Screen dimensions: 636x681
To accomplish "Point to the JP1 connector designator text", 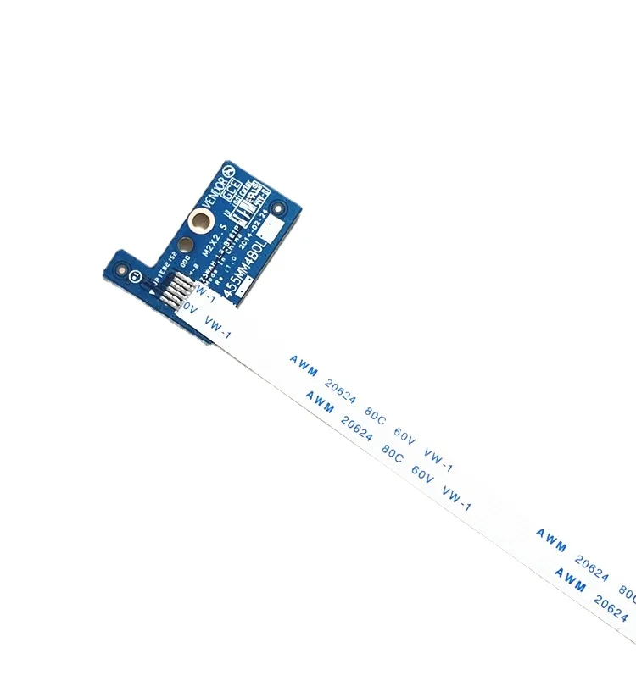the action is point(159,274).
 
